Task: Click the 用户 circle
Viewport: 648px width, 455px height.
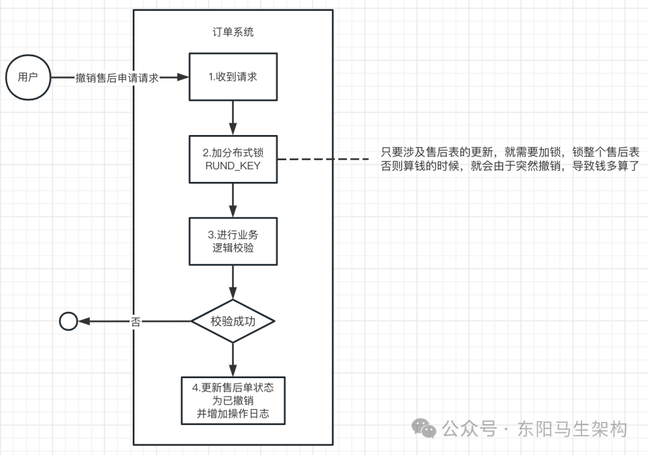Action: coord(28,77)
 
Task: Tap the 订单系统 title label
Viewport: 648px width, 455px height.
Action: coord(233,32)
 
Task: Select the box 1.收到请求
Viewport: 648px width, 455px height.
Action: coord(233,77)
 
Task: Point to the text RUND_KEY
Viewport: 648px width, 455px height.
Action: coord(233,165)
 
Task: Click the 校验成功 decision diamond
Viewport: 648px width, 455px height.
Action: coord(233,322)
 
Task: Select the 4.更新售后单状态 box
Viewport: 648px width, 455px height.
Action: coord(233,401)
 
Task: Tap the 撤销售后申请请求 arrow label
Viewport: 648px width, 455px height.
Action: coord(117,78)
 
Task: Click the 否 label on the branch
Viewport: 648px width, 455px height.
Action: coord(136,322)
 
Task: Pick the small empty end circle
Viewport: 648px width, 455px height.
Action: coord(68,322)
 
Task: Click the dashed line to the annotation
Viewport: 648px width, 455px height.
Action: coord(324,159)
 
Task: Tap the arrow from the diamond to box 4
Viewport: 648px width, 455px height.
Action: coord(233,360)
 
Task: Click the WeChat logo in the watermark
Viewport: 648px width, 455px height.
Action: coord(427,429)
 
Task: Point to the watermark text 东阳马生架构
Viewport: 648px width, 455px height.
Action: coord(572,429)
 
